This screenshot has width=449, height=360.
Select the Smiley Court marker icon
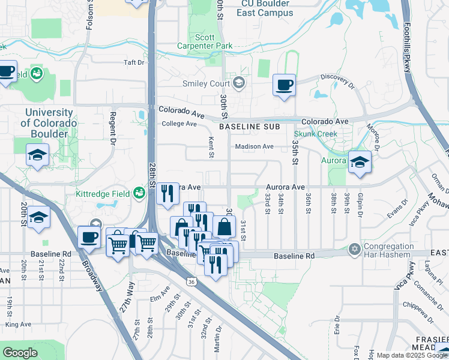point(240,83)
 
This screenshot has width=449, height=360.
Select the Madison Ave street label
point(254,146)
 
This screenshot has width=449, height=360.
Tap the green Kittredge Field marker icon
point(139,193)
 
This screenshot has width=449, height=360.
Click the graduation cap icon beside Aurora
point(360,162)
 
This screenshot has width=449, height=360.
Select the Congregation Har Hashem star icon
point(355,248)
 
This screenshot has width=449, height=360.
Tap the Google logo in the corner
point(20,353)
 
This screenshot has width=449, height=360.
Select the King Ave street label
point(17,324)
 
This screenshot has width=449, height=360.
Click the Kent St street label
point(211,147)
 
